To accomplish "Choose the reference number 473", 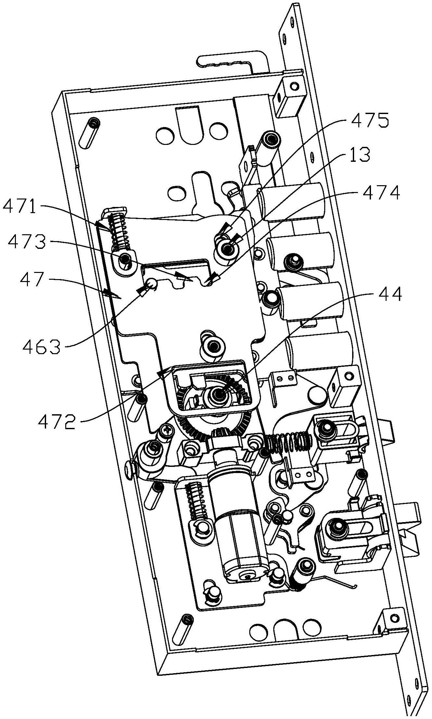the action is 27,242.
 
